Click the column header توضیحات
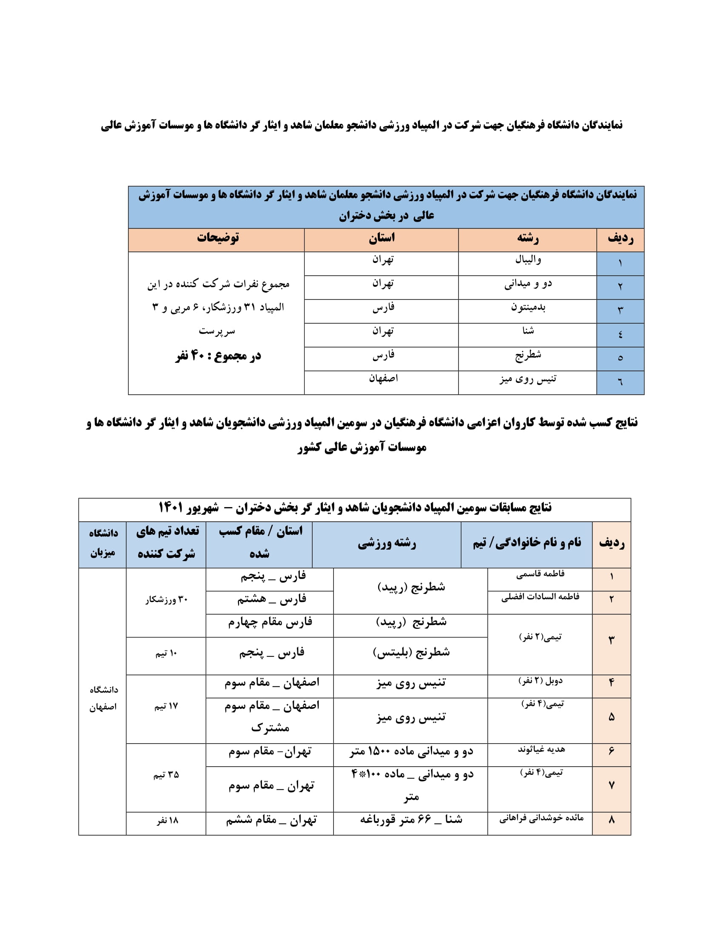tap(218, 238)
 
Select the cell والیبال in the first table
tap(528, 260)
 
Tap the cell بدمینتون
tap(528, 307)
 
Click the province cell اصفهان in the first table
tap(383, 378)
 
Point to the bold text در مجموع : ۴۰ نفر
tap(218, 356)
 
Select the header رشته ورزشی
tap(387, 543)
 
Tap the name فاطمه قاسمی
tap(540, 574)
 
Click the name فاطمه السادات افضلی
tap(540, 597)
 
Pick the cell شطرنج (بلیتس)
tap(411, 652)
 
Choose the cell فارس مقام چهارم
tap(270, 622)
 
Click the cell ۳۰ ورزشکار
tap(166, 600)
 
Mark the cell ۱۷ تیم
tap(166, 706)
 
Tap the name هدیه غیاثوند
tap(541, 749)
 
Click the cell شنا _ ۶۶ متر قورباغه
tap(411, 819)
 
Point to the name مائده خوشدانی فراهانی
tap(541, 818)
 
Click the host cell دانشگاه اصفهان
tap(103, 698)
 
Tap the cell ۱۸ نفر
tap(167, 820)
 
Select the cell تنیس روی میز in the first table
tap(528, 379)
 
